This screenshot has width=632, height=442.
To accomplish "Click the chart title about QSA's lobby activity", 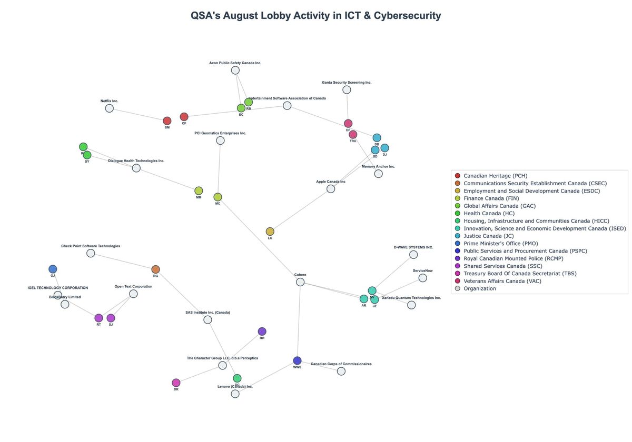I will (x=315, y=15).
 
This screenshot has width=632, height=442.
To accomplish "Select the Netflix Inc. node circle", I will (x=109, y=108).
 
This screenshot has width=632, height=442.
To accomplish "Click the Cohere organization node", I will (x=300, y=282).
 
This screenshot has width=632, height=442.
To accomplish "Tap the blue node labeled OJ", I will (x=53, y=269).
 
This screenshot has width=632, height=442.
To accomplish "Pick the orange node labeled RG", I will (x=155, y=269).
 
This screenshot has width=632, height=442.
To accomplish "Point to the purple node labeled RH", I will (x=262, y=331).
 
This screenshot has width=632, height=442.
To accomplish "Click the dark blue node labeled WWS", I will (x=297, y=360).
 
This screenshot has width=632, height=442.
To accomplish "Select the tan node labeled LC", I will (x=270, y=232).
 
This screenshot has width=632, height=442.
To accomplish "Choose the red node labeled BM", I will (x=167, y=121).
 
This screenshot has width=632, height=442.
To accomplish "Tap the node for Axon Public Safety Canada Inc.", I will (x=235, y=70).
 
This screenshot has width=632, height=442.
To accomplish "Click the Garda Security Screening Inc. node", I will (x=347, y=90).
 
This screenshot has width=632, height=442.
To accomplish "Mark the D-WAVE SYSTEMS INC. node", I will (x=413, y=255).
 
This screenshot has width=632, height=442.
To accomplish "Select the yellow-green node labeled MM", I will (x=199, y=190).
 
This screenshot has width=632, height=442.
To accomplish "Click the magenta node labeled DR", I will (x=176, y=383).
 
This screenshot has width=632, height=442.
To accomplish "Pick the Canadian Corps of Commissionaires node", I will (x=341, y=371).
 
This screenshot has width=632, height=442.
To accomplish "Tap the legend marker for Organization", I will (x=457, y=288).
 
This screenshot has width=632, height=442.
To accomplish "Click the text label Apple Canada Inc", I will (x=331, y=182).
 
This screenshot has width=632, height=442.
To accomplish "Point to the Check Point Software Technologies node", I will (x=91, y=253).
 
